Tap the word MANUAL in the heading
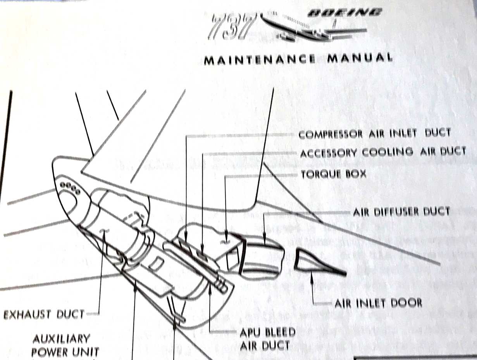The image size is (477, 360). point(360,59)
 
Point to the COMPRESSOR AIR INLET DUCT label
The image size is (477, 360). point(375,134)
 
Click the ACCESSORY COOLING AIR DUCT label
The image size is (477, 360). point(383,152)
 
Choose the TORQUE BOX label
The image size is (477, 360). point(333,174)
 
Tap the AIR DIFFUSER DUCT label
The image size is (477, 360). point(401,212)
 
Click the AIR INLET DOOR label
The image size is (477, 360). point(378,303)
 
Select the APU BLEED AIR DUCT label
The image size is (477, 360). point(267,338)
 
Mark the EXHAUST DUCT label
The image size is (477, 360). point(44,314)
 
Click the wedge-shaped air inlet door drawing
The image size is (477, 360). point(316,262)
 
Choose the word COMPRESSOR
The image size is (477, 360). point(331,135)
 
